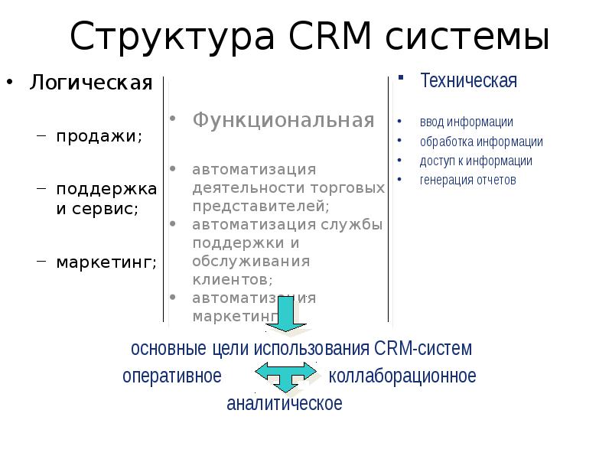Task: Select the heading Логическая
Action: point(91,83)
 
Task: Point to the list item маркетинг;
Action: point(106,262)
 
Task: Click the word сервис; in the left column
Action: point(105,208)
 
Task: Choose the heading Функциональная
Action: point(283,120)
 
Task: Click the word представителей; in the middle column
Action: point(261,206)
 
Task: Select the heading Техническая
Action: point(469,80)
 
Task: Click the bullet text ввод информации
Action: point(466,122)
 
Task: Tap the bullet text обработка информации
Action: point(481,142)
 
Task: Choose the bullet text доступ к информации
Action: point(476,161)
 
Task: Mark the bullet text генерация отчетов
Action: point(468,181)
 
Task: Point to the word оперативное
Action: point(172,376)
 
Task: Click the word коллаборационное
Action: point(402,376)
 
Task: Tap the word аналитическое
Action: point(285,403)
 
